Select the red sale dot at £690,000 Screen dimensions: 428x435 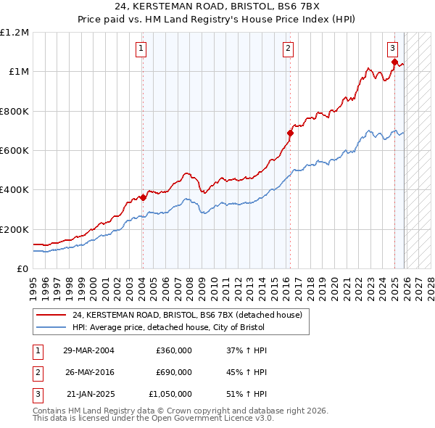tap(290, 133)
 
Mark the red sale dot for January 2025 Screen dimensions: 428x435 tap(394, 62)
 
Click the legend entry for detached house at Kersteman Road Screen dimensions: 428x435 tap(191, 315)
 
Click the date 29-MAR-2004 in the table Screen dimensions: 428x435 tap(88, 350)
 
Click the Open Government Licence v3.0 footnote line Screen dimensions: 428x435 tap(153, 419)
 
